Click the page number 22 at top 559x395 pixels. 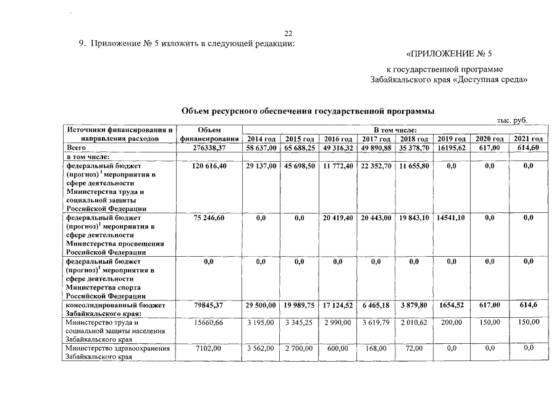click(x=288, y=33)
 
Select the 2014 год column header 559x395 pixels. click(x=261, y=139)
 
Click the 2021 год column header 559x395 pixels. click(x=528, y=139)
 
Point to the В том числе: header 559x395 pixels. click(x=393, y=130)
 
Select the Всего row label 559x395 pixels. click(x=77, y=149)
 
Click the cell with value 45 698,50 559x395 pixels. click(x=299, y=167)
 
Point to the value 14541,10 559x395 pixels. click(x=451, y=218)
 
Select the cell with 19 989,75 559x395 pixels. click(x=299, y=305)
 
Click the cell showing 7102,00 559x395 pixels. click(x=210, y=349)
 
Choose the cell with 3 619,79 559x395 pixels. click(x=376, y=322)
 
